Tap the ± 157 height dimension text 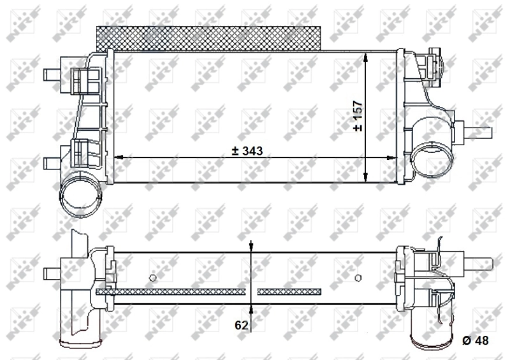pos(358,115)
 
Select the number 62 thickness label pos(241,325)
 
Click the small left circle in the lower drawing pos(152,277)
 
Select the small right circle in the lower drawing pos(358,277)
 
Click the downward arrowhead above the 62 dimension pos(252,247)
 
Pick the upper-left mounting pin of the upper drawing pos(52,74)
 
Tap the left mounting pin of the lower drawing pos(52,273)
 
